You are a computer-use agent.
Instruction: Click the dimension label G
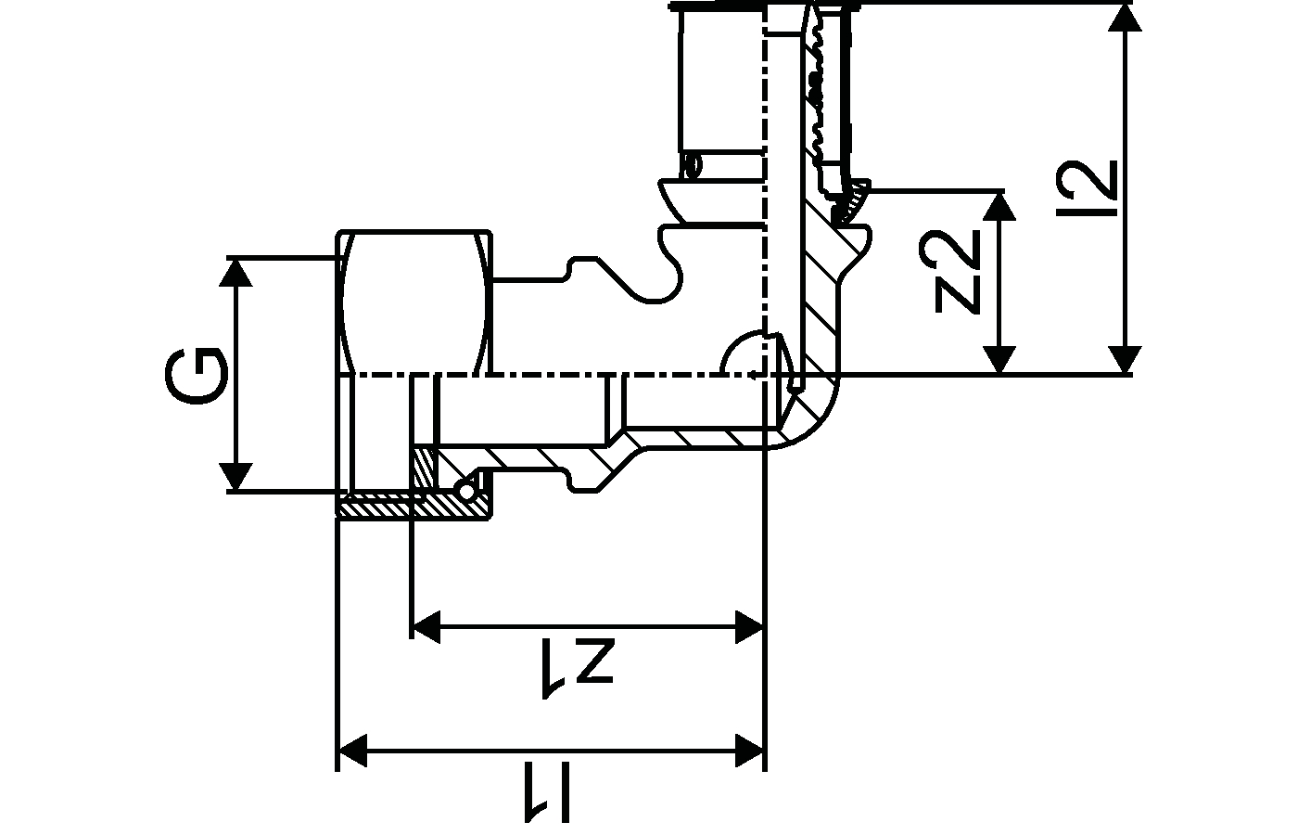(197, 376)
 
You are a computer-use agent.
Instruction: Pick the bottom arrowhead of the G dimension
(238, 477)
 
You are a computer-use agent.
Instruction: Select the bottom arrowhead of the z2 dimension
(999, 360)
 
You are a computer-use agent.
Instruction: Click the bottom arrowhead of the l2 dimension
(1125, 360)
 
